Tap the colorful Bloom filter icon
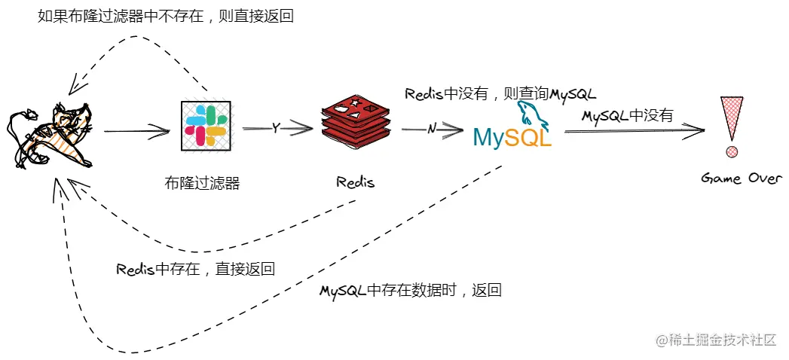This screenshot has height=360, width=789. click(x=206, y=126)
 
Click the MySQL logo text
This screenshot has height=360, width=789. click(x=512, y=138)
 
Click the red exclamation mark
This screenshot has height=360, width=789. click(x=731, y=121)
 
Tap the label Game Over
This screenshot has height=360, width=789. click(x=742, y=179)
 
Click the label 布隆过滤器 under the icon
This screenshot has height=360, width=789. click(x=202, y=182)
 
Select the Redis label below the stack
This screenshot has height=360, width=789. click(x=355, y=182)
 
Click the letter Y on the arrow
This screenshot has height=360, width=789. click(x=276, y=128)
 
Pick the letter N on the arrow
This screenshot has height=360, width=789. click(x=432, y=129)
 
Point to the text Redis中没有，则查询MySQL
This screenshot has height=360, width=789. click(x=500, y=94)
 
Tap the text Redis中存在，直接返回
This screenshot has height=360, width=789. click(x=195, y=269)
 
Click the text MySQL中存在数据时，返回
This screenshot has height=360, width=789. click(x=410, y=291)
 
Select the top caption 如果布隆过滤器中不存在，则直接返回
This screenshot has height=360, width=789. click(x=165, y=16)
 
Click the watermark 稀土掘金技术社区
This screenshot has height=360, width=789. click(x=715, y=340)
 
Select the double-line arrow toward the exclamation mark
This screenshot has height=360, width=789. click(x=633, y=131)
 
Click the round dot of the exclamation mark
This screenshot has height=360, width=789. click(x=731, y=153)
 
